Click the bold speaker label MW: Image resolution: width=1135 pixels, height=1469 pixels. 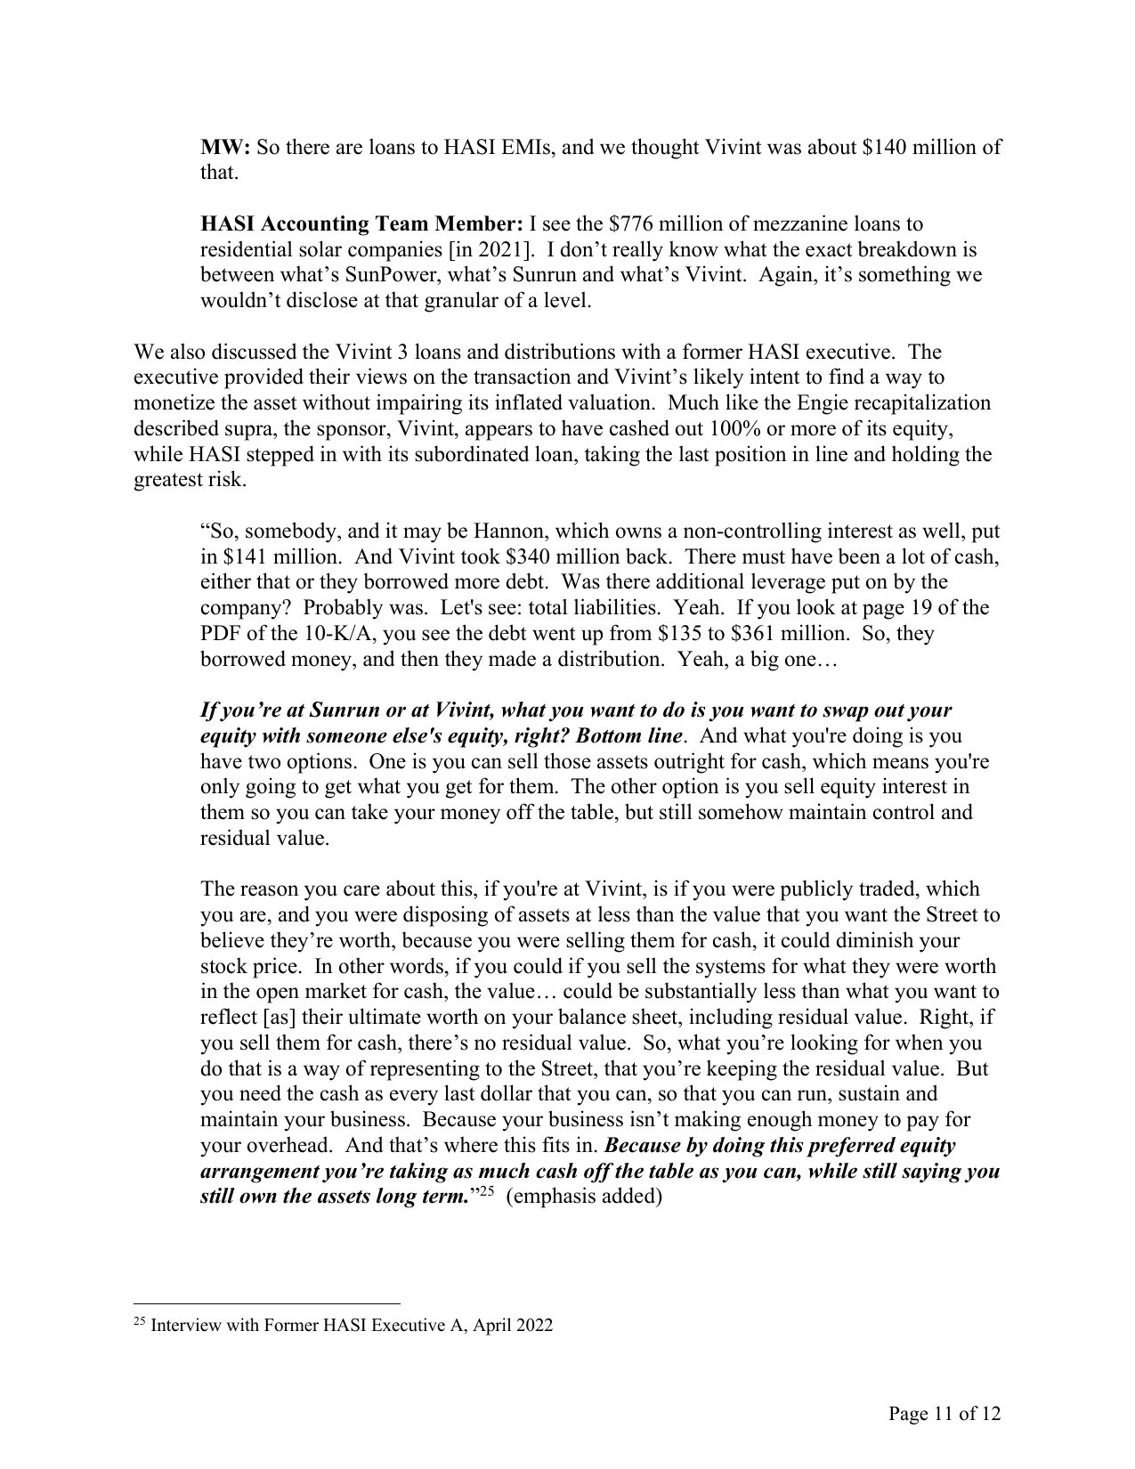tap(226, 147)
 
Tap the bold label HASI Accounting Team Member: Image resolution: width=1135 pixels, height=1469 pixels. tap(362, 223)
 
